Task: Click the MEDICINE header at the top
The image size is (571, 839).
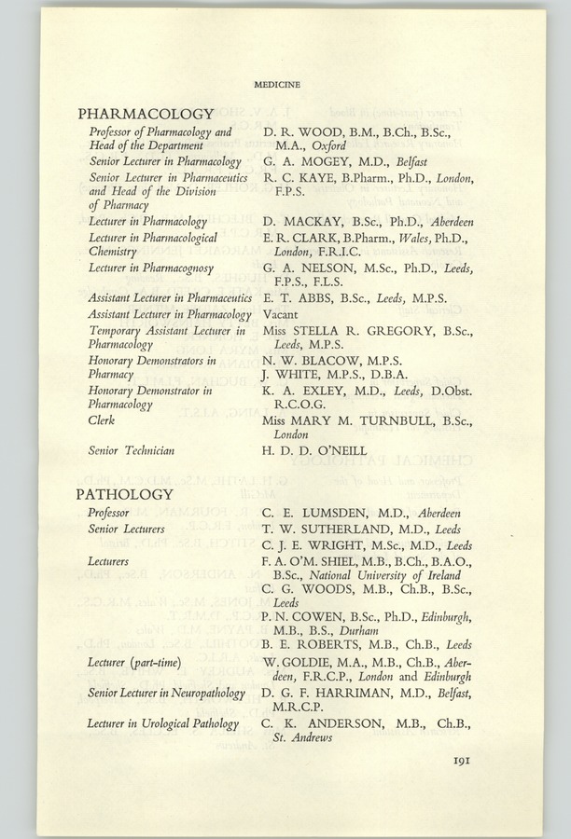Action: click(276, 85)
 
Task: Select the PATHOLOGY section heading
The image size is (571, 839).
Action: click(125, 493)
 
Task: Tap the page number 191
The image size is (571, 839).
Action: click(466, 761)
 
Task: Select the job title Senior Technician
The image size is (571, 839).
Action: click(132, 451)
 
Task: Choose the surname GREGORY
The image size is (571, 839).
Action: click(404, 332)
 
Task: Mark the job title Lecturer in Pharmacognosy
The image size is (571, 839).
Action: click(151, 268)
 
